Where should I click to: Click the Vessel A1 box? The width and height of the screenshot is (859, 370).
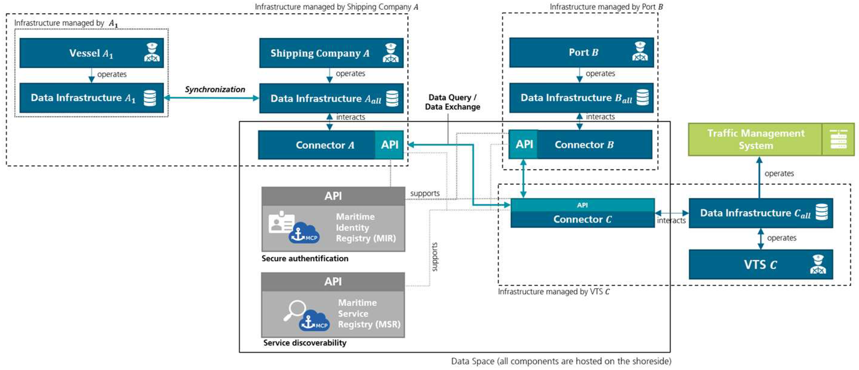91,53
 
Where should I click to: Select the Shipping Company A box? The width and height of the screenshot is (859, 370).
331,53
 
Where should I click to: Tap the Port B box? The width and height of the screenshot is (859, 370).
581,52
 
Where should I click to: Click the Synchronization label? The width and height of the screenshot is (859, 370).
215,89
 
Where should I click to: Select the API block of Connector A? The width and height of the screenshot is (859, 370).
389,144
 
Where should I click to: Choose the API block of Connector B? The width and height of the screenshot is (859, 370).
523,144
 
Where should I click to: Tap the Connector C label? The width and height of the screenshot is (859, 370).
582,219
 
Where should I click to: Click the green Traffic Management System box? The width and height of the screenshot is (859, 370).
771,139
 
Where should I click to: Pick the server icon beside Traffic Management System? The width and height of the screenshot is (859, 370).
838,139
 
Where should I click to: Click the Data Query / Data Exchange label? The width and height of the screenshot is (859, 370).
453,102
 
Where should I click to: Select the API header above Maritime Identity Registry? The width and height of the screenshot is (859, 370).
333,196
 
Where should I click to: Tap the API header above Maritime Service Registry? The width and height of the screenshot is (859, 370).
333,282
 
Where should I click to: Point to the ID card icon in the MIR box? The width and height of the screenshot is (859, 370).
282,222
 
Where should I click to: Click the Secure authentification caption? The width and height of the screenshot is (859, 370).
305,258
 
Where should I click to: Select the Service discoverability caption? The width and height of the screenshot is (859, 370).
305,343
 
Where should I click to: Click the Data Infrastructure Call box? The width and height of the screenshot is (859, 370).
761,213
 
